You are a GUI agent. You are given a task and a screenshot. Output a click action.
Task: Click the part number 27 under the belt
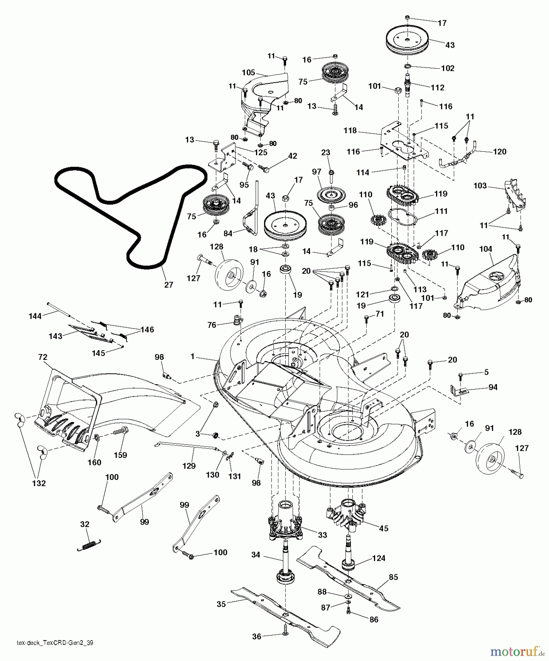(x=168, y=285)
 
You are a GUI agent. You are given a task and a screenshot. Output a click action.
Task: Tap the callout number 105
(x=248, y=73)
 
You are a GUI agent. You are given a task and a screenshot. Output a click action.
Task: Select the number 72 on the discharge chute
(x=43, y=357)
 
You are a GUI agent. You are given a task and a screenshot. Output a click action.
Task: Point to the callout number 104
(x=486, y=249)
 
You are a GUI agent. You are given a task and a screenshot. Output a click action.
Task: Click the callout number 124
(x=378, y=558)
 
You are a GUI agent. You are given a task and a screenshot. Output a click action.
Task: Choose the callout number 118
(x=350, y=131)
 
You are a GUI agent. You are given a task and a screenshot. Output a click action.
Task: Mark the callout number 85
(x=393, y=577)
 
